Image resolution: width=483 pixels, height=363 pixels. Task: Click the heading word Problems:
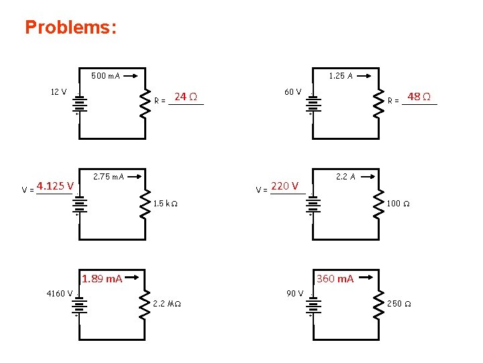tap(70, 28)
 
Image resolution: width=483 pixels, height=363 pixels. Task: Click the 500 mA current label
tap(105, 76)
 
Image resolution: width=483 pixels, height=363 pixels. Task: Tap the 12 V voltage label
tap(58, 91)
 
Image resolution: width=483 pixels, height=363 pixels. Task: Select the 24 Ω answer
tap(185, 97)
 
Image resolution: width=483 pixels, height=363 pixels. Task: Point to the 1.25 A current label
tap(341, 76)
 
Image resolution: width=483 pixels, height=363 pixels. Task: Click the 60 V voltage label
tap(293, 91)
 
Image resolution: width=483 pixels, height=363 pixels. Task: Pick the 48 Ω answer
tap(419, 97)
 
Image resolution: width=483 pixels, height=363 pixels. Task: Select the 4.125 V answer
tap(55, 186)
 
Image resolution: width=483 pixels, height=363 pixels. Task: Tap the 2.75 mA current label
tap(108, 177)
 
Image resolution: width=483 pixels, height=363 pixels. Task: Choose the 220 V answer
tap(284, 186)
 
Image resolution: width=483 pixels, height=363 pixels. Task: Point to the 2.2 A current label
tap(345, 177)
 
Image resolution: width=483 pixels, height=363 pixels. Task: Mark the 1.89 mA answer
tap(101, 279)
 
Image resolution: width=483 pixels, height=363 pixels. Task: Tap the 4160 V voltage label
tap(60, 293)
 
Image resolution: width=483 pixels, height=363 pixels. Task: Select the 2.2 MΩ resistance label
tap(168, 304)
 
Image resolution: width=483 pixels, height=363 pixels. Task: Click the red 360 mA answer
tap(335, 279)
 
